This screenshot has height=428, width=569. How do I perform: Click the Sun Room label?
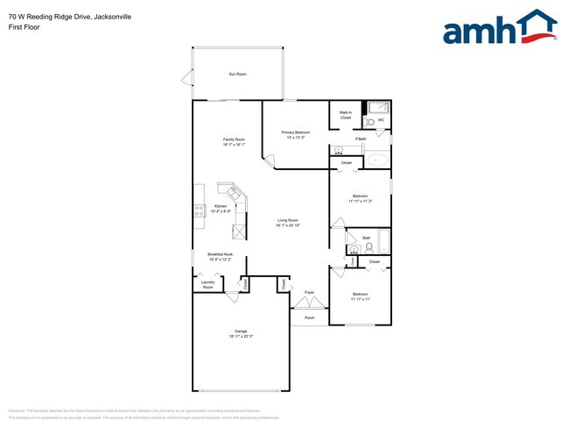237,74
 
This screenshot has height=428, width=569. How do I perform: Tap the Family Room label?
234,139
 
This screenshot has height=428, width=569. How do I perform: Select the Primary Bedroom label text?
296,132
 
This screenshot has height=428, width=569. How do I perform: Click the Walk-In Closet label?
346,115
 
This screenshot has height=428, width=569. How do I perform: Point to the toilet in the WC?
370,121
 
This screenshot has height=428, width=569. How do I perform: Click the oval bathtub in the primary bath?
376,160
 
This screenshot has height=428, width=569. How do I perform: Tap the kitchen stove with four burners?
199,210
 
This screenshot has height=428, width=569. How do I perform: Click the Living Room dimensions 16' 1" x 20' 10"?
288,225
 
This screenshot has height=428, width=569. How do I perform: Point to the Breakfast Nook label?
221,254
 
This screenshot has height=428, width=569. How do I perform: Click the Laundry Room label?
207,284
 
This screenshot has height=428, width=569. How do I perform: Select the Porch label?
309,317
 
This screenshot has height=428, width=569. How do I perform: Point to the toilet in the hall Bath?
369,248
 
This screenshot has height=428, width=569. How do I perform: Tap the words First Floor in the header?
25,26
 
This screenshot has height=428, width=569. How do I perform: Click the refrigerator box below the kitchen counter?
239,232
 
